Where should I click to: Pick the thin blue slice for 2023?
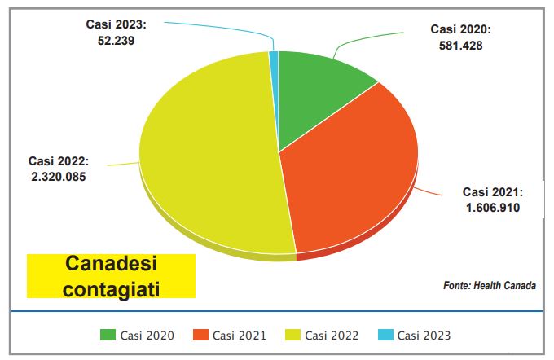tap(275, 57)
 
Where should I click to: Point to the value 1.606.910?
tap(491, 208)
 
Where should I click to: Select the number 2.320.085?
tap(57, 175)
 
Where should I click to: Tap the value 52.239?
tap(116, 38)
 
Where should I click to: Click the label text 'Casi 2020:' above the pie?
tap(460, 30)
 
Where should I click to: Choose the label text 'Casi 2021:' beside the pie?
tap(492, 192)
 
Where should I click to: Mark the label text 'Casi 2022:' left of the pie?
tap(58, 160)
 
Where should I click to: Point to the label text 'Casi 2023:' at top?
tap(116, 24)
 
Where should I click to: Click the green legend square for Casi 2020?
tap(108, 335)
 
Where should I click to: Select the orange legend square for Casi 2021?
tap(201, 335)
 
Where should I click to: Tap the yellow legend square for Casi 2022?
tap(293, 335)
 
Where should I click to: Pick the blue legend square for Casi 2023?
tap(386, 335)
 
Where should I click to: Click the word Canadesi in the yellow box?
tap(111, 266)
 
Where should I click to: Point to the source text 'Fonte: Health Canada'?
tap(490, 285)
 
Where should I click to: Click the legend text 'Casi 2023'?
tap(424, 335)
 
